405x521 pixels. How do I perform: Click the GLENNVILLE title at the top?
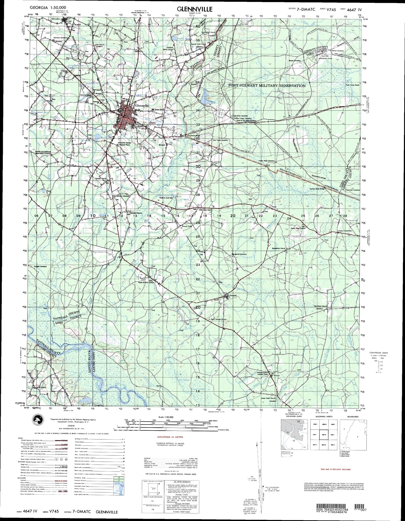[x=195, y=9]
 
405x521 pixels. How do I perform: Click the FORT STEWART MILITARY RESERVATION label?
[x=267, y=86]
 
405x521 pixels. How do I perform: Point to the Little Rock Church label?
[x=206, y=210]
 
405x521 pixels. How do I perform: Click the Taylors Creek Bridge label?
[x=317, y=189]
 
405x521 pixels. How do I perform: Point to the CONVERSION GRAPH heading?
[x=378, y=353]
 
